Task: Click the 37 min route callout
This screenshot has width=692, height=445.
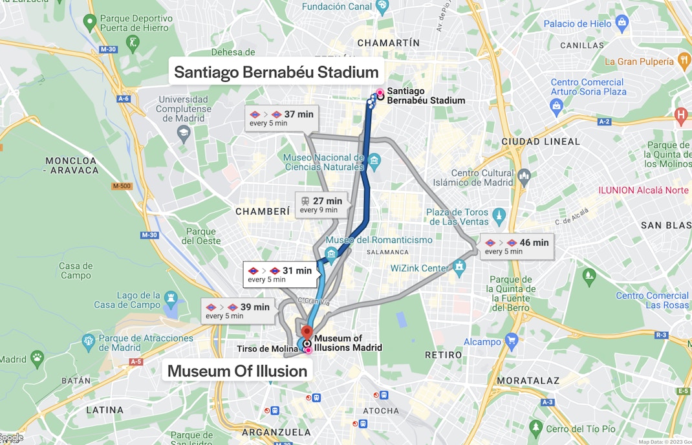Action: [x=281, y=118]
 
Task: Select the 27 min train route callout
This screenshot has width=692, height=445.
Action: [x=321, y=205]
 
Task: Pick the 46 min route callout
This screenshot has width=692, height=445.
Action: [x=517, y=246]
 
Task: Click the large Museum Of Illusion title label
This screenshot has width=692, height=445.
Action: [x=237, y=371]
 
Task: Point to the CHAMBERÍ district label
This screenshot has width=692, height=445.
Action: [x=263, y=212]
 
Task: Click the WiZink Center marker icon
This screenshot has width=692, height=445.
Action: [x=459, y=266]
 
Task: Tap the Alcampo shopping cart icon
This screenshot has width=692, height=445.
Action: [x=512, y=340]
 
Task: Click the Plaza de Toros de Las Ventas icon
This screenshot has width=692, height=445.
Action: [x=499, y=214]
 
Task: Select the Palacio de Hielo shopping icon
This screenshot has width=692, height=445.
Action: [x=622, y=24]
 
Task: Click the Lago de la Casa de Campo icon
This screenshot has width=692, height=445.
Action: [x=171, y=298]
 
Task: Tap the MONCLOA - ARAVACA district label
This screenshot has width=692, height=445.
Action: [x=72, y=165]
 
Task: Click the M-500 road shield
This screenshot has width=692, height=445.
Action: [x=122, y=186]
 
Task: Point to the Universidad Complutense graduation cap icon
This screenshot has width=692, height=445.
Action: [x=184, y=132]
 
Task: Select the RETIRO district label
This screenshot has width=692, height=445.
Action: [x=444, y=355]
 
